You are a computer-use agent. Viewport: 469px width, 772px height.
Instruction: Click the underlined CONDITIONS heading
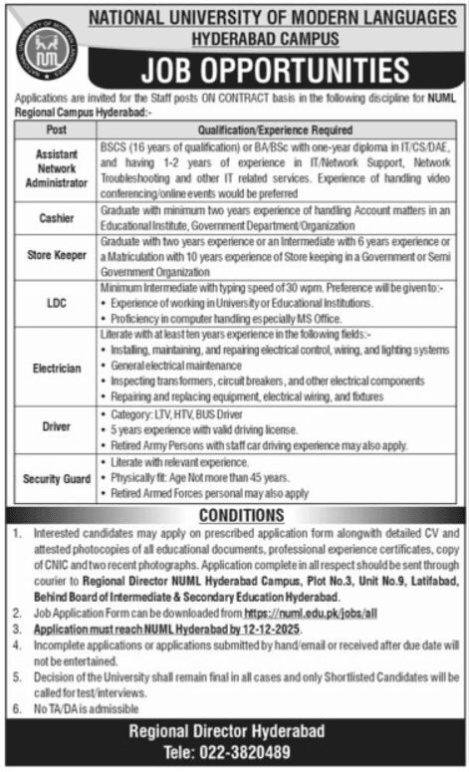click(x=235, y=515)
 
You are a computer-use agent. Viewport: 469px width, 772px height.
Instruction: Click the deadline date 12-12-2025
click(x=268, y=631)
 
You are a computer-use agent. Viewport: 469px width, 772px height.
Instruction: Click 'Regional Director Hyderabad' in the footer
click(x=235, y=730)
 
